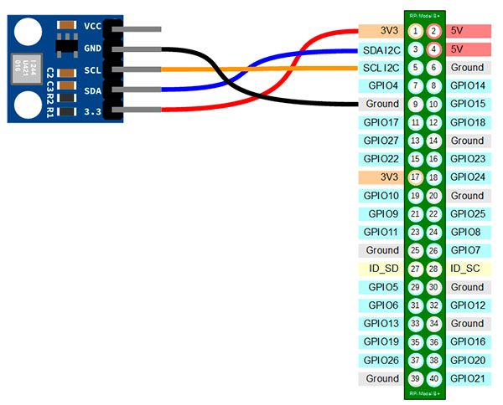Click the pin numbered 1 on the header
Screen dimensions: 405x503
(x=416, y=31)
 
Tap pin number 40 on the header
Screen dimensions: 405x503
(x=433, y=378)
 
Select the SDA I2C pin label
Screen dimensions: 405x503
(x=382, y=49)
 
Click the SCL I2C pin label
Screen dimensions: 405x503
(x=382, y=68)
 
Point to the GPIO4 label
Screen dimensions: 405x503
(x=382, y=85)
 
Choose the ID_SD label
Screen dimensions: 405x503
(x=382, y=269)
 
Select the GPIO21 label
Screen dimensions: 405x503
(x=467, y=378)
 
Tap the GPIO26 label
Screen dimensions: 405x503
(x=382, y=360)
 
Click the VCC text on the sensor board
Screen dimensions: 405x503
(x=92, y=26)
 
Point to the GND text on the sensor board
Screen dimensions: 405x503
(x=92, y=48)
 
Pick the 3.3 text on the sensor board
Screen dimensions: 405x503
(x=92, y=110)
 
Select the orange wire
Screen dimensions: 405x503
(x=251, y=69)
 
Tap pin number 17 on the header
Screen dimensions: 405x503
(x=416, y=177)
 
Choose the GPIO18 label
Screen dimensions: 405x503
(x=467, y=122)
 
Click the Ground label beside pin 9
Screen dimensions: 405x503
(x=382, y=104)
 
